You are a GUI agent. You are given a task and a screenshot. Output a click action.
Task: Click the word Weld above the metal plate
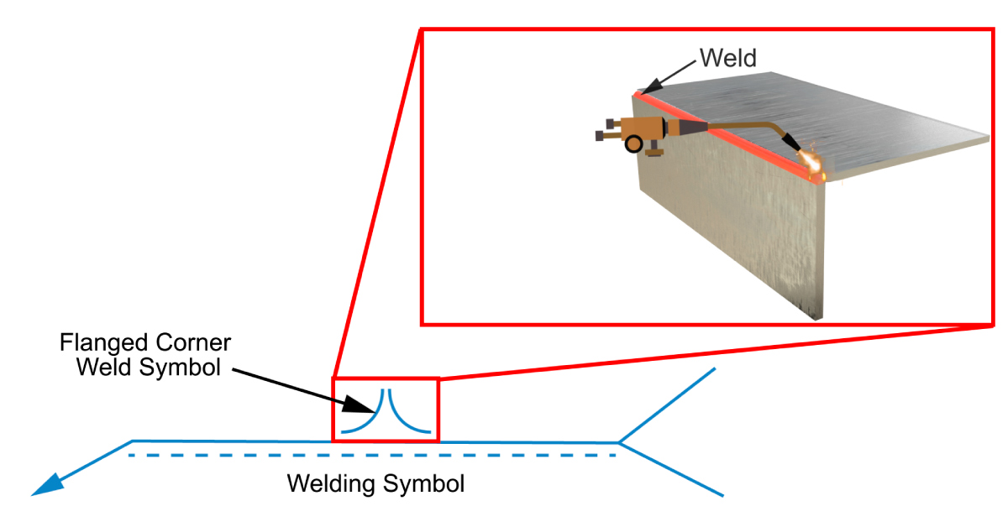click(727, 58)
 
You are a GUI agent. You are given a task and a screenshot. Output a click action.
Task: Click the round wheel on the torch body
click(633, 143)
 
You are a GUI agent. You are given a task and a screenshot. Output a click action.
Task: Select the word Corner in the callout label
click(195, 344)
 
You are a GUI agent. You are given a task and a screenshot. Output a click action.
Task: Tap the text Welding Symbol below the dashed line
click(375, 484)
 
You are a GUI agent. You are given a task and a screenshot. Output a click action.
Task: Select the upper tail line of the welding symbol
click(668, 404)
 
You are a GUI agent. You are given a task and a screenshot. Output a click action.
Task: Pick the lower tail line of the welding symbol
click(672, 469)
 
